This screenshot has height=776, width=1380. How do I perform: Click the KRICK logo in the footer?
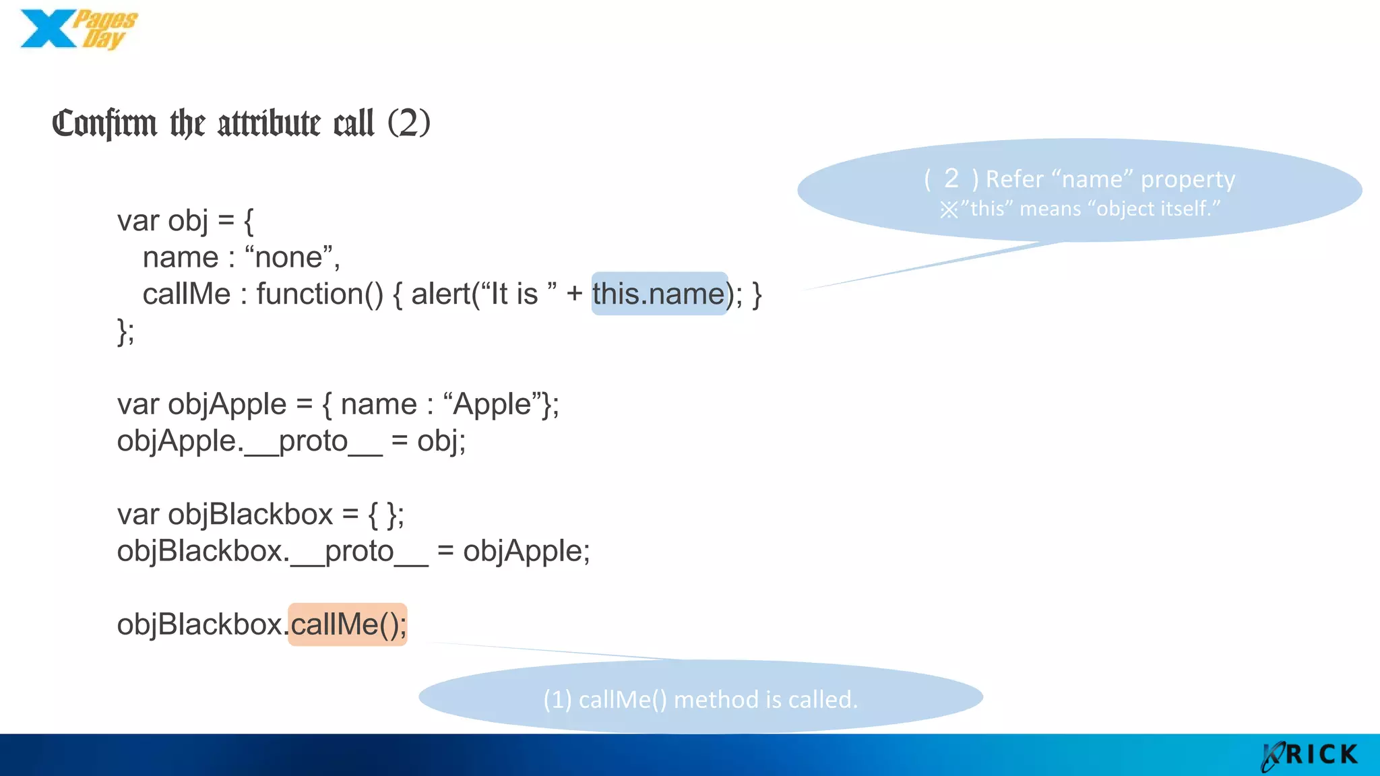[1310, 755]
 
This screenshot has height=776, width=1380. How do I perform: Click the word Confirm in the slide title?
[104, 124]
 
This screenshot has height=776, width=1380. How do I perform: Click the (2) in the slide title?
[408, 123]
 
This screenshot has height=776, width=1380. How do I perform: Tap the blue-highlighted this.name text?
[658, 294]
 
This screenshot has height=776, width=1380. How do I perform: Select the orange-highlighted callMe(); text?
[348, 624]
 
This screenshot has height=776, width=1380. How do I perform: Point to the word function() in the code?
[319, 294]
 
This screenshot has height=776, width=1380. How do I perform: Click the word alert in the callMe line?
[441, 294]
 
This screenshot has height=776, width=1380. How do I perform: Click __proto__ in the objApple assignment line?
[313, 442]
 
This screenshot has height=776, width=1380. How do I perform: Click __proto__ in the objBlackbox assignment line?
[359, 552]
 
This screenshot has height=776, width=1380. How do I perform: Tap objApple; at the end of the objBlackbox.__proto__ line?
[526, 552]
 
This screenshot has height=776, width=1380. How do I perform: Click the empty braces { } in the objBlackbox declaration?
[381, 515]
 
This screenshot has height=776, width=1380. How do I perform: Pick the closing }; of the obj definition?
[126, 331]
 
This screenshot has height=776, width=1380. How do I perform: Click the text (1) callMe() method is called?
[700, 699]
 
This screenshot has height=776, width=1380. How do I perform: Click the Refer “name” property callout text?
[1110, 179]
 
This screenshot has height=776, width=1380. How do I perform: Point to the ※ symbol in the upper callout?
[949, 209]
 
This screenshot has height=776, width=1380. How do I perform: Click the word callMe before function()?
[187, 294]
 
